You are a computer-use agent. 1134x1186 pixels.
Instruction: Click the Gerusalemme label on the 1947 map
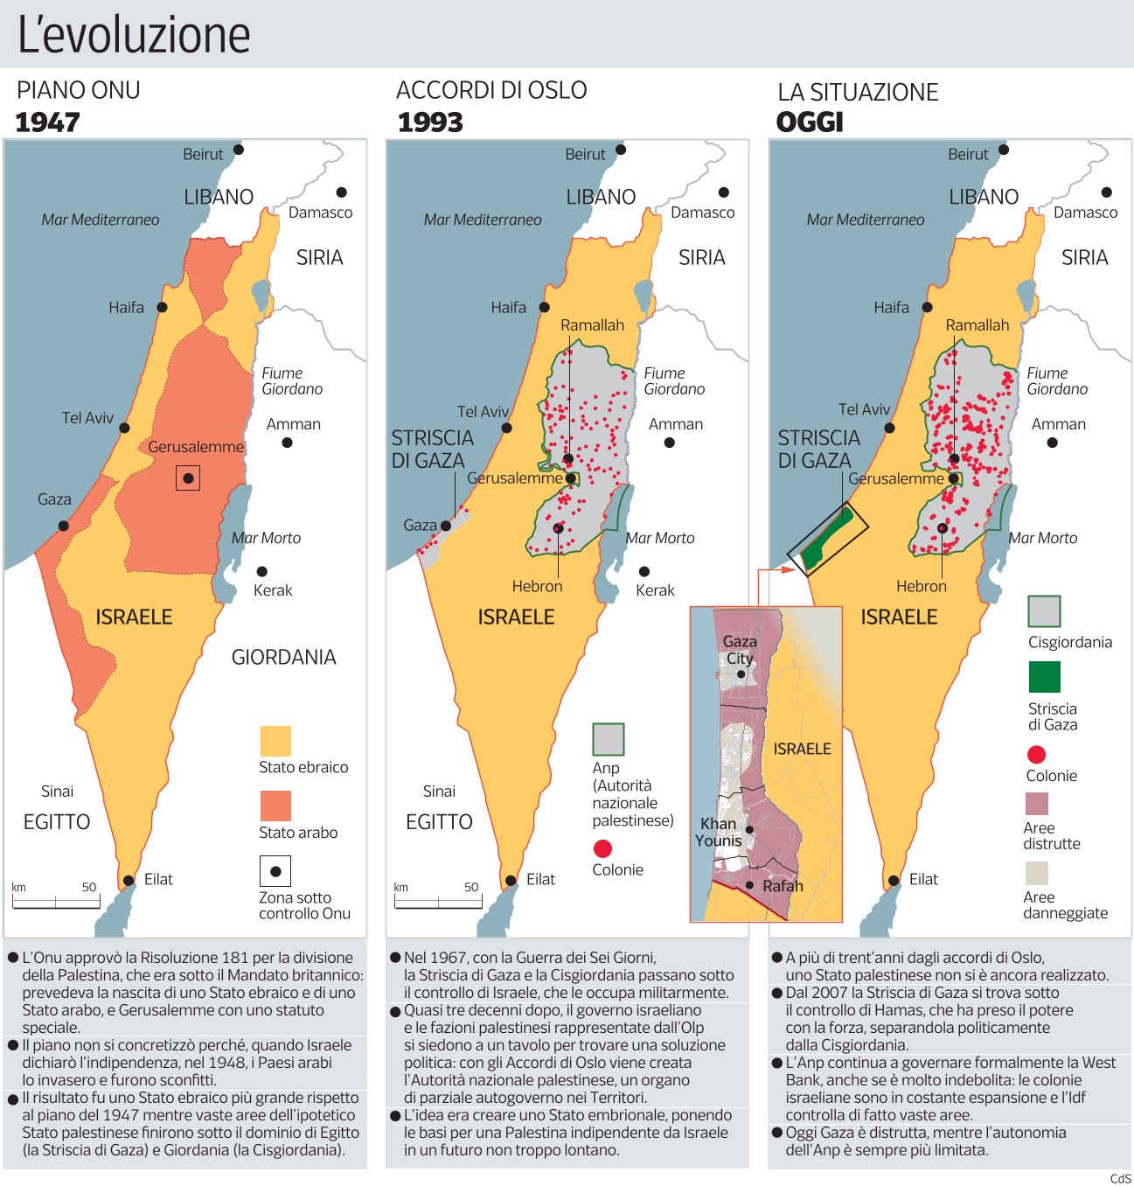[x=196, y=447]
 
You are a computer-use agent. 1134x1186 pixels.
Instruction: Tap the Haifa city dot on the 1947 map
[x=163, y=308]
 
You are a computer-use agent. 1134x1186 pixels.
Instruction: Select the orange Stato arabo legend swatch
[x=275, y=806]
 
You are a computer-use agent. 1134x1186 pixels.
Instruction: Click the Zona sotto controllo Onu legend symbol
[x=275, y=871]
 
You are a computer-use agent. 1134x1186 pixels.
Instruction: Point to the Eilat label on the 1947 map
[x=158, y=879]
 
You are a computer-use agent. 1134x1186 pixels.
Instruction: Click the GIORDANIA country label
[x=283, y=657]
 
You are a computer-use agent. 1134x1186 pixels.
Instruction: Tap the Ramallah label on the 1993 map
[x=592, y=325]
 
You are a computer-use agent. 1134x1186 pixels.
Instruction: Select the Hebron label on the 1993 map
[x=537, y=586]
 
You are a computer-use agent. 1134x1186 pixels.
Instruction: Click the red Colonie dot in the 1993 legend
[x=602, y=848]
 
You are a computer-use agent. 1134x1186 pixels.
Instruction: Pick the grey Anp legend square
[x=609, y=739]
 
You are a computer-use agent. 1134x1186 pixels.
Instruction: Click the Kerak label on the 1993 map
[x=655, y=590]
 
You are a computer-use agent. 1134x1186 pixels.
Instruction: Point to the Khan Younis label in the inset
[x=719, y=832]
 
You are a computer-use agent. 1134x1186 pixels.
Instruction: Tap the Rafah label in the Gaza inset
[x=783, y=886]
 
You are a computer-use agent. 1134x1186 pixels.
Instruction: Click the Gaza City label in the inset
[x=740, y=650]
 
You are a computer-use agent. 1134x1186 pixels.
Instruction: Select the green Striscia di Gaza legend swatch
[x=1044, y=677]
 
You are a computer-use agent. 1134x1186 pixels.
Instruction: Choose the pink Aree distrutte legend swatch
[x=1036, y=803]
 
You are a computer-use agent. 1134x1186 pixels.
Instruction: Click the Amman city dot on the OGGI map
[x=1053, y=443]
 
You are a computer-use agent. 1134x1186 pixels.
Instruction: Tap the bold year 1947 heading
[x=48, y=122]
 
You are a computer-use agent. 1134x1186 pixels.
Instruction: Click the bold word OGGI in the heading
[x=810, y=122]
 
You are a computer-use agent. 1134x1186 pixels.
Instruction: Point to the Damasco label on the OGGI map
[x=1085, y=213]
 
